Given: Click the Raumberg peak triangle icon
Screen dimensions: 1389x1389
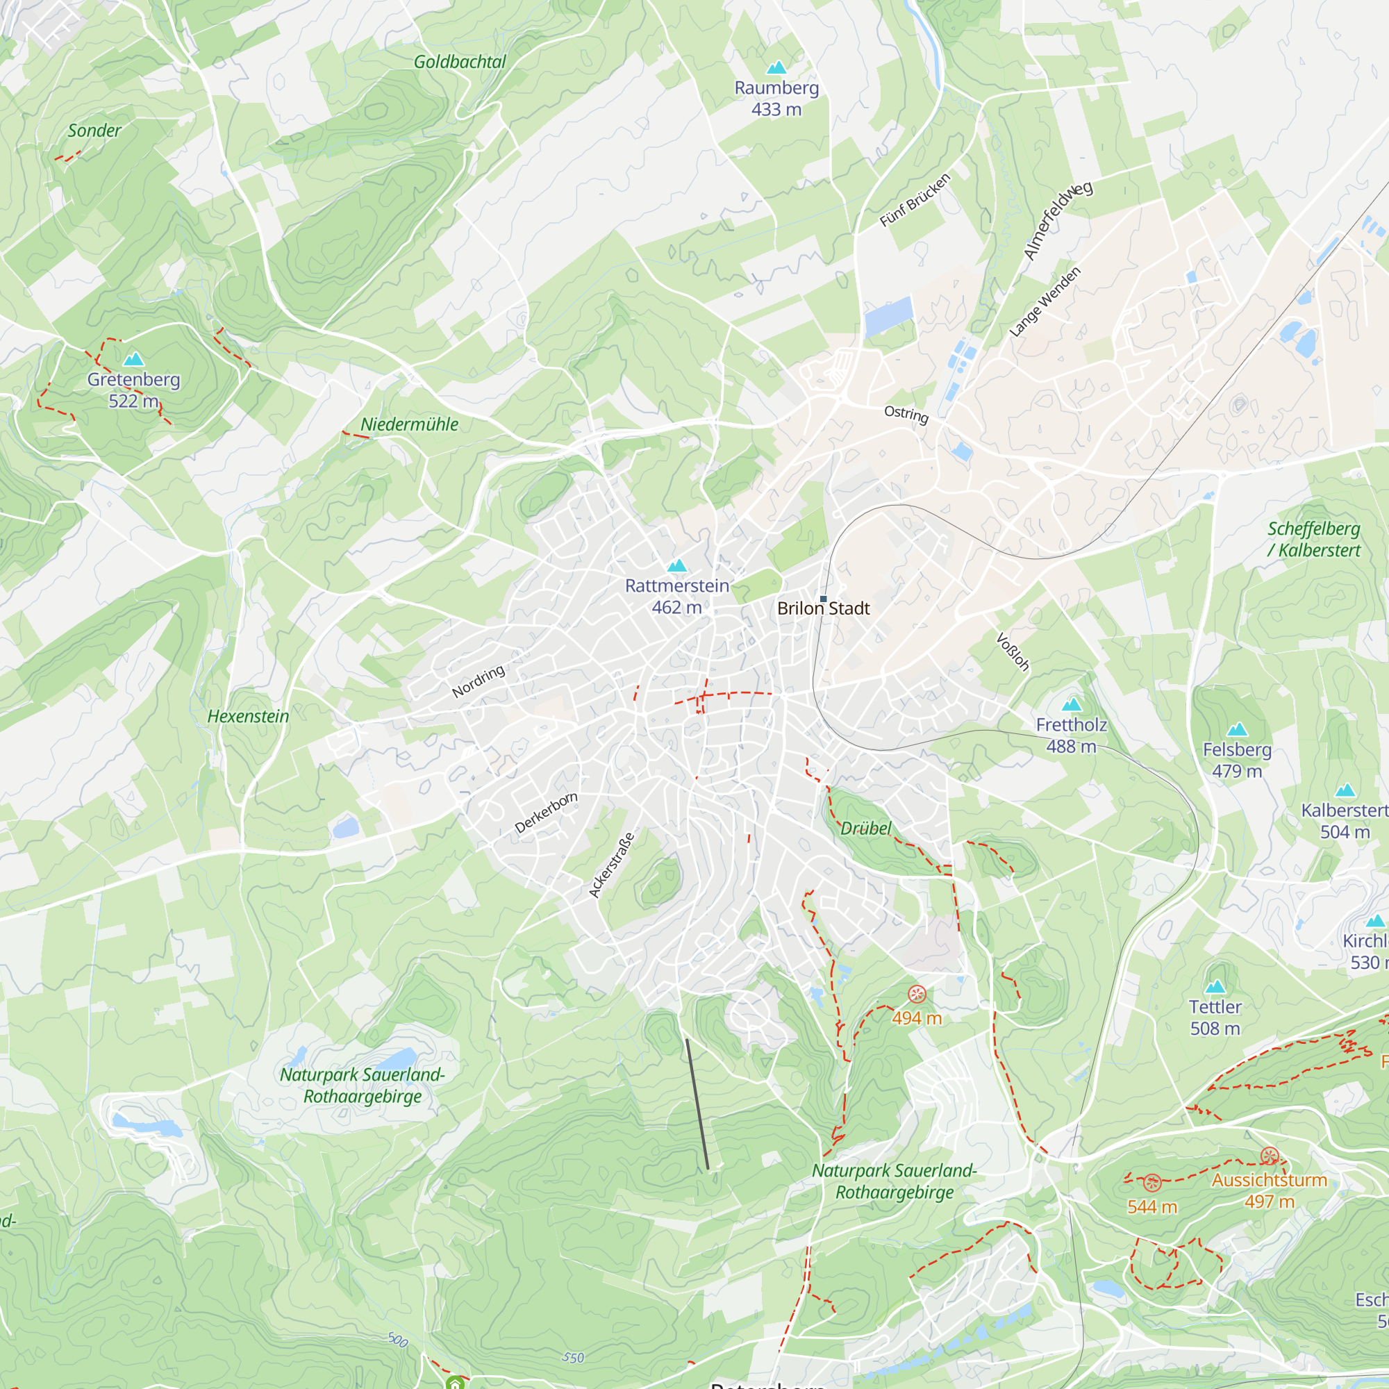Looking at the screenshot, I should (x=776, y=68).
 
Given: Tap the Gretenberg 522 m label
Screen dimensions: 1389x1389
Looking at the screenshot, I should (x=134, y=390).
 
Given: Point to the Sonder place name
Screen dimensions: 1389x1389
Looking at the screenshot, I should (x=94, y=131).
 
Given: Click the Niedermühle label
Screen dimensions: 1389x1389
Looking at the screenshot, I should (x=409, y=425).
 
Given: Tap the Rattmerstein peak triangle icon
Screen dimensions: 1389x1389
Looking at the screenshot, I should (x=677, y=567).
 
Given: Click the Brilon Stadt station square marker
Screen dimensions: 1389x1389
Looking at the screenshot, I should (x=823, y=599).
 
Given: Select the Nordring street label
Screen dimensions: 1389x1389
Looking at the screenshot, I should (x=478, y=681).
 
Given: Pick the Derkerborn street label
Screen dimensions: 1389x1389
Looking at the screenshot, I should (x=547, y=813).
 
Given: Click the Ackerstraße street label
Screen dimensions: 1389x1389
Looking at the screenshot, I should (x=612, y=865).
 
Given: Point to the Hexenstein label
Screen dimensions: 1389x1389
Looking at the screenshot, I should (x=248, y=717).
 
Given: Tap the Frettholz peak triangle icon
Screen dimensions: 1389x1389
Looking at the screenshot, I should (x=1072, y=704).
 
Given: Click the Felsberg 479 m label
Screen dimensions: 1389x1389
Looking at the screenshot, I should (x=1238, y=760).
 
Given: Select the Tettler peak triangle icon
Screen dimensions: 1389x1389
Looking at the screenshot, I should (x=1215, y=986).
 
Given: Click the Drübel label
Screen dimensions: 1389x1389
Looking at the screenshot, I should (x=865, y=829).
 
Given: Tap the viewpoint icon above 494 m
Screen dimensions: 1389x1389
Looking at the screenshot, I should (x=917, y=995).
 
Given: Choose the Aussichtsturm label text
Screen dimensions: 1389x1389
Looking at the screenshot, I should (x=1270, y=1181).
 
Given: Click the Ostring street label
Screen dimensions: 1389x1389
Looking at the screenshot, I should (x=906, y=414).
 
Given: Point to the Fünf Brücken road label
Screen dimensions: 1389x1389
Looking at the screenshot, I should (x=915, y=200).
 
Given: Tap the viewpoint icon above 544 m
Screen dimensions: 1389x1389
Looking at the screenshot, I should (x=1152, y=1183).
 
